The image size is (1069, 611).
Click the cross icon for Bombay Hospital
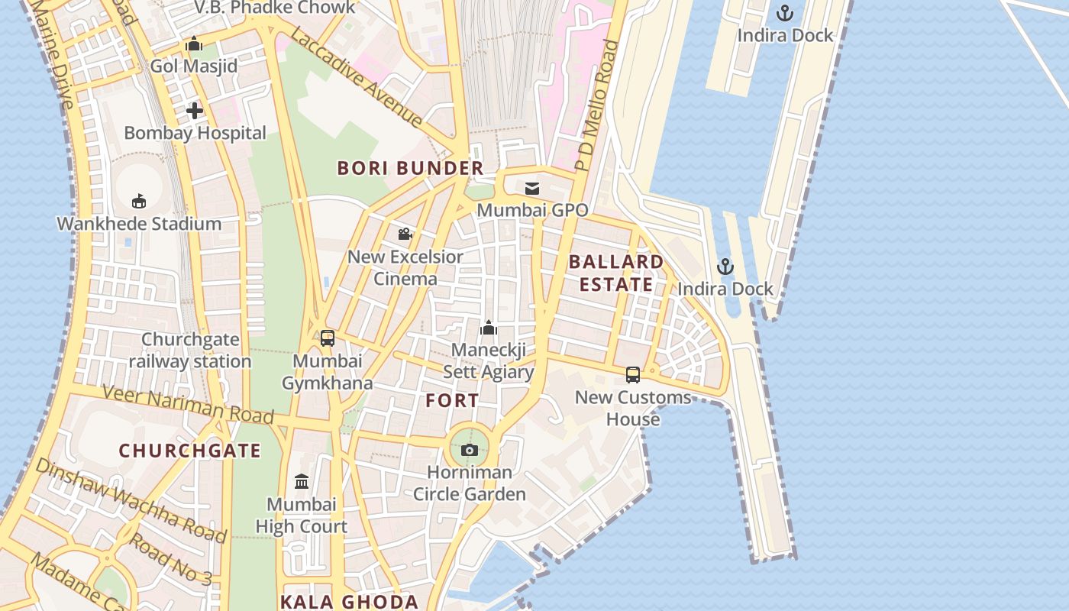[x=195, y=111]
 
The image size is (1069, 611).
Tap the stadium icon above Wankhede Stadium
[x=139, y=202]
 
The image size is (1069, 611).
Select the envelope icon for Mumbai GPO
[x=532, y=188]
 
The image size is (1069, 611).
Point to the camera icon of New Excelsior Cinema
[x=405, y=234]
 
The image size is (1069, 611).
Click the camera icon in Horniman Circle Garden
[x=470, y=450]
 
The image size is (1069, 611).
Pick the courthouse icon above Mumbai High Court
[x=302, y=482]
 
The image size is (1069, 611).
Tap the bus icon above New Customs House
[x=633, y=375]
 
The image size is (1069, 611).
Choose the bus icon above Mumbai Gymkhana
[x=328, y=338]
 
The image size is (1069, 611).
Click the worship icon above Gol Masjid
[x=194, y=44]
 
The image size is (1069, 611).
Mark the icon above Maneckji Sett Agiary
[x=489, y=328]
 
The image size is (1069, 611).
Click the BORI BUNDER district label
[x=411, y=168]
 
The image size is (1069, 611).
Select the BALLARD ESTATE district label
[x=616, y=273]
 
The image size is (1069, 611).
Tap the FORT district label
[x=452, y=400]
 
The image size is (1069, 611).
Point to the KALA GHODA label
[x=349, y=601]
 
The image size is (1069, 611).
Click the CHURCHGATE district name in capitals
[x=190, y=451]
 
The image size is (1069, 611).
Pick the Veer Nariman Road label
[x=188, y=404]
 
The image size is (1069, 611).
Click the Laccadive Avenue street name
[x=356, y=77]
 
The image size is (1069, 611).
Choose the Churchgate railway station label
[x=190, y=351]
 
